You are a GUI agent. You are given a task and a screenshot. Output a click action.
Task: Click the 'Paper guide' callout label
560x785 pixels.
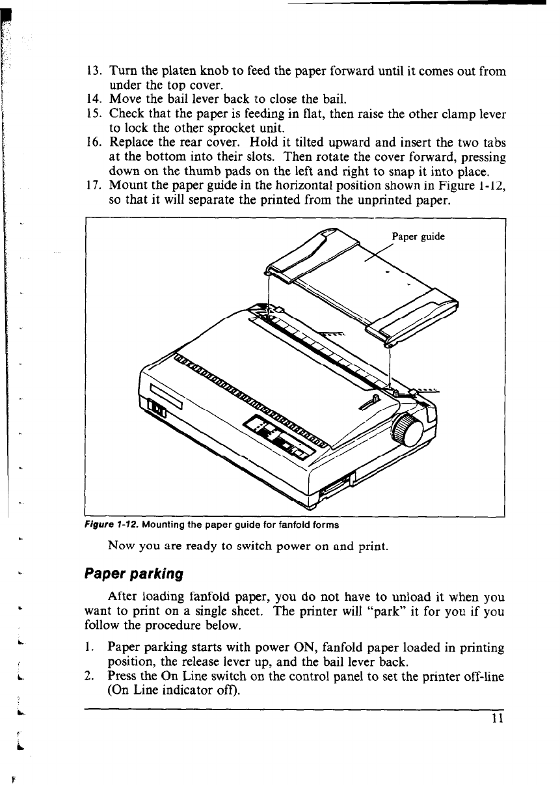(418, 237)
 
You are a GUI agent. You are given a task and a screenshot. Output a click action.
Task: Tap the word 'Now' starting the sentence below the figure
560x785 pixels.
(121, 546)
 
